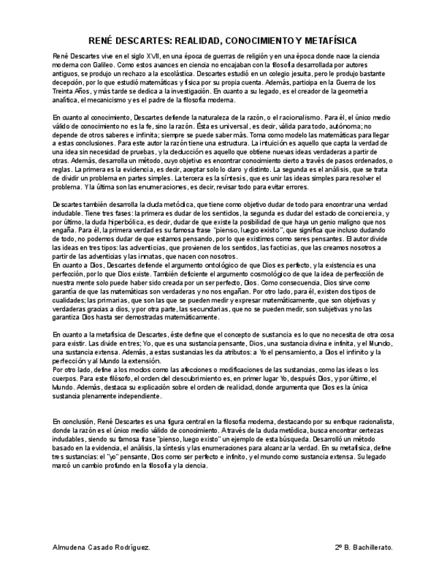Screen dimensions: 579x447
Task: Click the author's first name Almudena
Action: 70,548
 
